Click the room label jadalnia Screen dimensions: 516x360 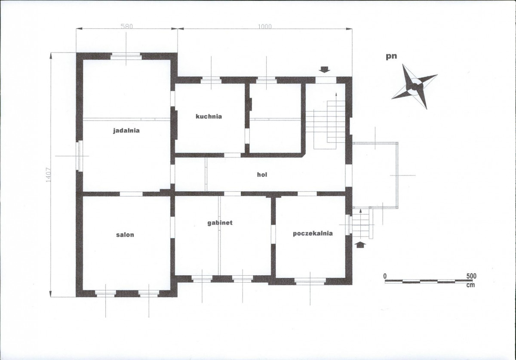[126, 131]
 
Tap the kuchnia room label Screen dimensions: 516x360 [209, 117]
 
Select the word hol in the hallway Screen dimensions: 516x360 [262, 175]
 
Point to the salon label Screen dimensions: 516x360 [125, 235]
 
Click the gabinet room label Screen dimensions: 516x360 [220, 223]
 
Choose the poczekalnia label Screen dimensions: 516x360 [313, 234]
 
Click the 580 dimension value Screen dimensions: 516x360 [127, 27]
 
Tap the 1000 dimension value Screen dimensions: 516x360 [265, 27]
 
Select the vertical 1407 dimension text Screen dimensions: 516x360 [48, 175]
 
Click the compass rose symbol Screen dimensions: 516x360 [415, 86]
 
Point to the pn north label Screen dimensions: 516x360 [391, 56]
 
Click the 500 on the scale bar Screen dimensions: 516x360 [471, 276]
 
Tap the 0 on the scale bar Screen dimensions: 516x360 [385, 276]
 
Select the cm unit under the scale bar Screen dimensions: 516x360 [470, 285]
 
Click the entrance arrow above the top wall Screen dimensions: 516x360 [325, 70]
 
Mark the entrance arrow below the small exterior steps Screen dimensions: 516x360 [361, 245]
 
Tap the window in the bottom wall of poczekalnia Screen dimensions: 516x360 [310, 281]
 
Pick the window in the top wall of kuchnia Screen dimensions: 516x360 [211, 80]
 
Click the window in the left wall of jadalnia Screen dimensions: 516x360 [80, 156]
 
